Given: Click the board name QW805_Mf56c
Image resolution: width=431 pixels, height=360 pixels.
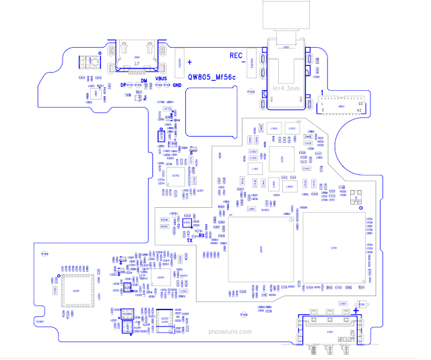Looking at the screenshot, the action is point(211,78).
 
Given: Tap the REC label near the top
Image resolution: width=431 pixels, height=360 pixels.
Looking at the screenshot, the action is point(236,55).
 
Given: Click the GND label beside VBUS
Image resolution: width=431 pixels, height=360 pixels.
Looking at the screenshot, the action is point(177,85).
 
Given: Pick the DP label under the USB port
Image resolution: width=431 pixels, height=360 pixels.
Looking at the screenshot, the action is point(123,85).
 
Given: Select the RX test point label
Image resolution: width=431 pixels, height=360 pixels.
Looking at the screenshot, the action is point(201,236).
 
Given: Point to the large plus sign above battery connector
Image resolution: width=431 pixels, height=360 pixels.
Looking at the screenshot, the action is point(355,303).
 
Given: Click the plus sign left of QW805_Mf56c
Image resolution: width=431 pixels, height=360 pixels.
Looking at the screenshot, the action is point(190,61).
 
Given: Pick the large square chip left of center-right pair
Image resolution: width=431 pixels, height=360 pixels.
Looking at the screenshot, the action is point(261,250).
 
